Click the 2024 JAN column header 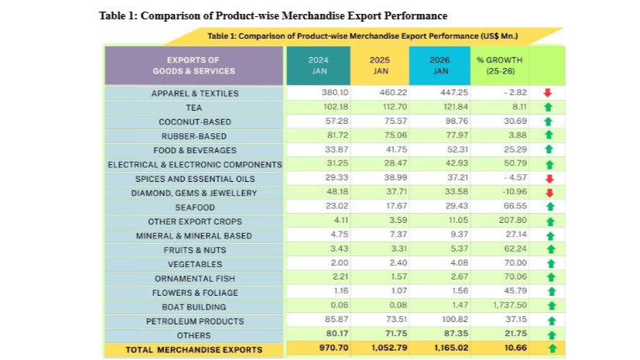click(318, 65)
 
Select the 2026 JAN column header click(440, 65)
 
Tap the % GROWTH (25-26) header click(500, 65)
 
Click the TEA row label click(194, 108)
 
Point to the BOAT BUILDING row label click(194, 307)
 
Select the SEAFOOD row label click(194, 207)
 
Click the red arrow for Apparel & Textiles click(547, 94)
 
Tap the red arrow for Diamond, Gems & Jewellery click(547, 193)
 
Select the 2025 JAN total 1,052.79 click(377, 350)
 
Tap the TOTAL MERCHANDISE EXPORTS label click(194, 350)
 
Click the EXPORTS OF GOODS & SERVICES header click(193, 65)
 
